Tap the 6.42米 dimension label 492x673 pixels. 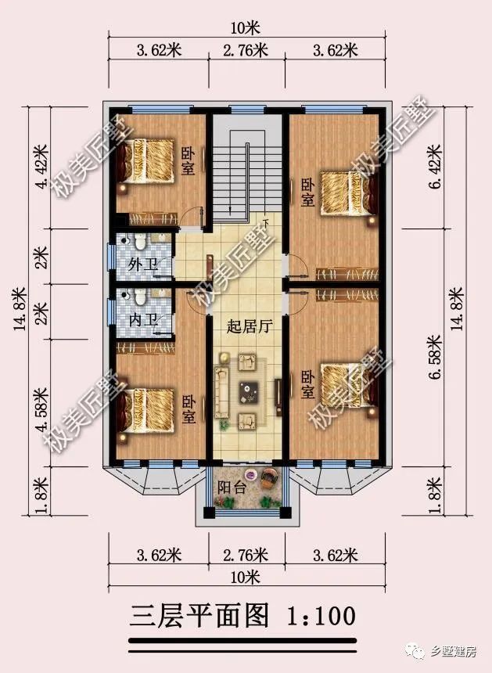[439, 169]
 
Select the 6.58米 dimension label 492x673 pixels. [439, 361]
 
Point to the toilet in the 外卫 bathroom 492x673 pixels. [139, 240]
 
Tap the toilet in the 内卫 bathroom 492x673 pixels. [139, 297]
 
